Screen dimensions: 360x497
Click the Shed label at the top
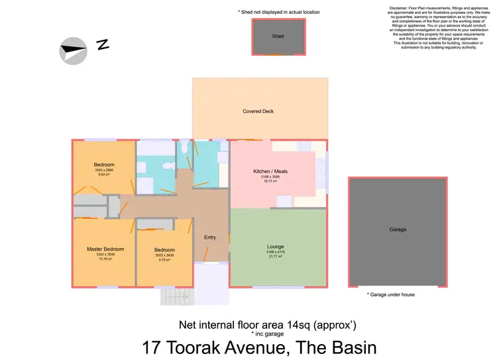click(x=278, y=36)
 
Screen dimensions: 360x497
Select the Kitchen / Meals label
click(x=270, y=172)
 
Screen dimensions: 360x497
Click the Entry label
click(x=210, y=237)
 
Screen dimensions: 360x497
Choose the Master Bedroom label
click(x=105, y=249)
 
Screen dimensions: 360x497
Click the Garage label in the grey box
click(x=398, y=229)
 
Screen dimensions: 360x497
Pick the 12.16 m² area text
click(x=105, y=259)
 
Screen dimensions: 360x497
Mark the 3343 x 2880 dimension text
click(x=104, y=170)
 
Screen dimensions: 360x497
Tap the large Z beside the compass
click(x=102, y=45)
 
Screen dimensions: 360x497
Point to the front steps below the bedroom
click(x=173, y=296)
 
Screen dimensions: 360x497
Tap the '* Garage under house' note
click(x=390, y=294)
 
